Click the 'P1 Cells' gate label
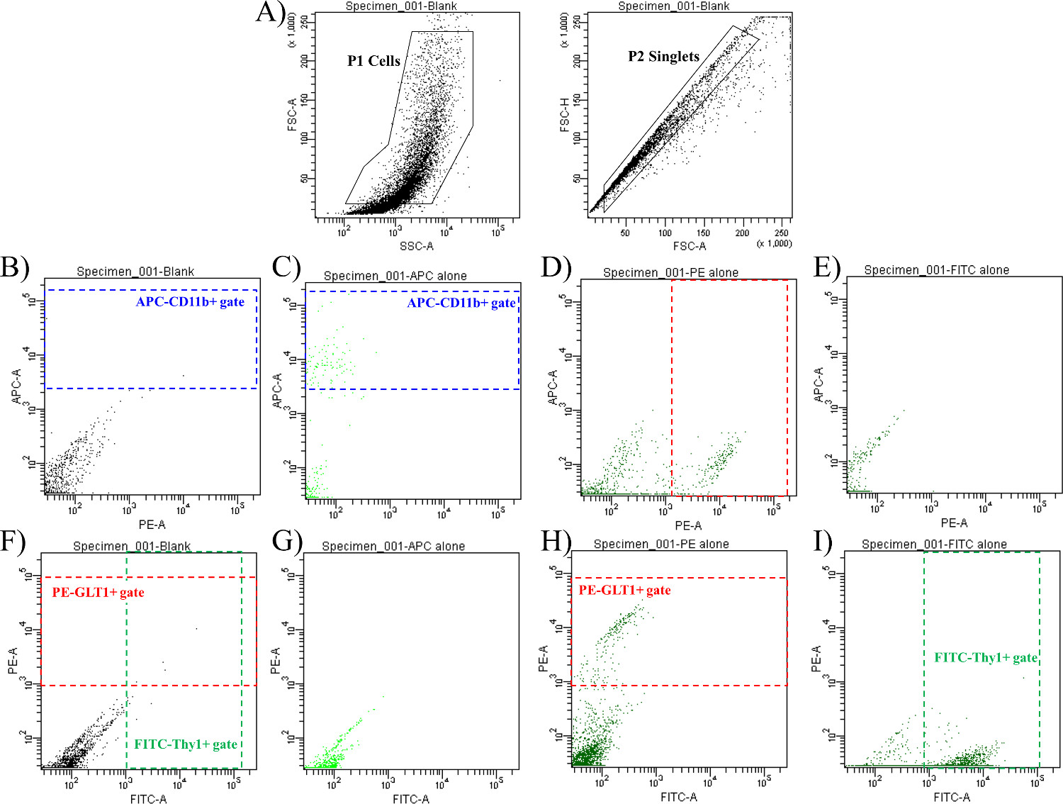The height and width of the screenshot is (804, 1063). coord(373,61)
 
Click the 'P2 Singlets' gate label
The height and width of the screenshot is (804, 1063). coord(663,57)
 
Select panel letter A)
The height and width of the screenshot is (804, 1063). coord(270,12)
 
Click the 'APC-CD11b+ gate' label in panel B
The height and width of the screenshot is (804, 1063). coord(190,302)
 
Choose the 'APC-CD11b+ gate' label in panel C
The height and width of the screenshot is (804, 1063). coord(461,303)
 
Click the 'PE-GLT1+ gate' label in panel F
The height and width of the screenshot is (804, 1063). coord(98,592)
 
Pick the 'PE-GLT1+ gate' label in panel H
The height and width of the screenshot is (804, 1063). coord(624,590)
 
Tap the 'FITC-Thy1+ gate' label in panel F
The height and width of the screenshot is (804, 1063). coord(186,744)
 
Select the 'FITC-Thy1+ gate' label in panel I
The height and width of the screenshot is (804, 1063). coord(986,657)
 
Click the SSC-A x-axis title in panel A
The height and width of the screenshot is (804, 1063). coord(416,246)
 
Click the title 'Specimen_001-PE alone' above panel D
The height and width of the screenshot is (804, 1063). coord(670,272)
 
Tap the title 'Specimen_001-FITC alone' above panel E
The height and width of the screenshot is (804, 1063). coord(936,270)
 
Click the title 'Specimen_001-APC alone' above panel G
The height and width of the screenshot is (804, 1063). coord(393,546)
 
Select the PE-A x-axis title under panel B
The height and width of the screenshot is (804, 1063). coord(152,525)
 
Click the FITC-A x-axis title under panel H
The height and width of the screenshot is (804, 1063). coord(679,797)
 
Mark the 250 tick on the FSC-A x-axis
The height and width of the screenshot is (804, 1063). coord(781,233)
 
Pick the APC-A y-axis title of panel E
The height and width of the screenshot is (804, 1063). coord(819,385)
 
